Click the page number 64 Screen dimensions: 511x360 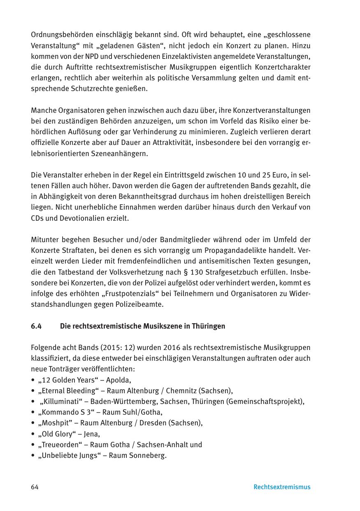[35, 487]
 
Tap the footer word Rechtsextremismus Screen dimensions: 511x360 [282, 487]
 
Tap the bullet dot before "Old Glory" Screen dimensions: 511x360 [33, 434]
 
